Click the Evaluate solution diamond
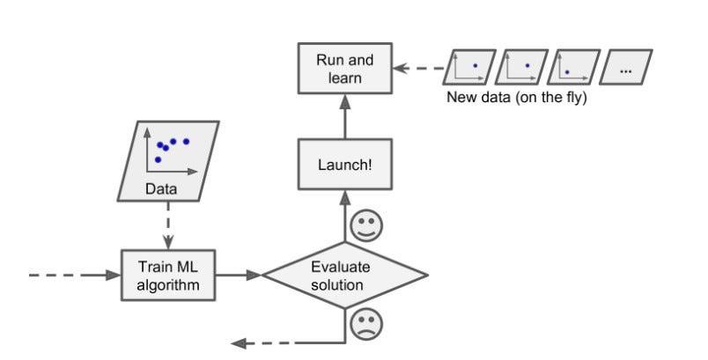point(344,276)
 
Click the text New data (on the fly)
point(517,97)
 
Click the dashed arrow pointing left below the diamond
point(282,342)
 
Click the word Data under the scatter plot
point(161,188)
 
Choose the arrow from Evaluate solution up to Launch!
point(344,220)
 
